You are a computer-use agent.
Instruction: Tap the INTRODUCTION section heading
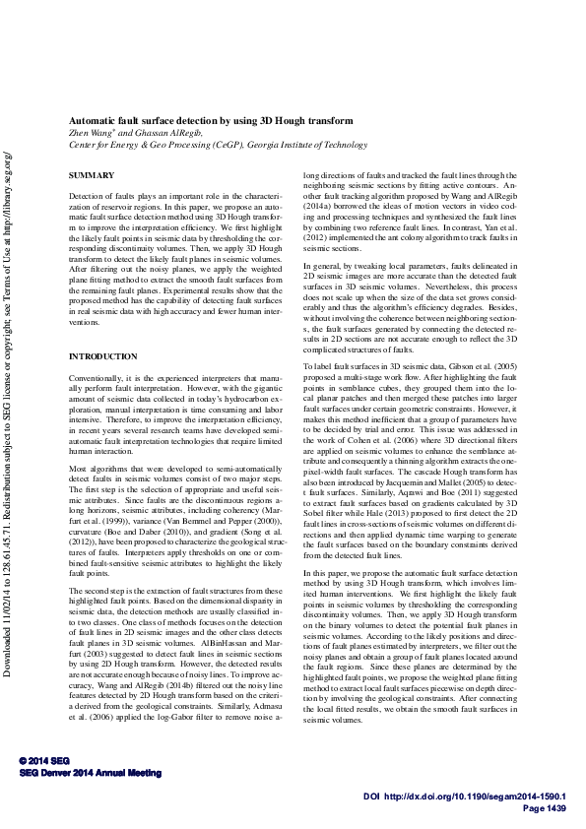102,355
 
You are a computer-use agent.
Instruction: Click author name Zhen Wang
90,132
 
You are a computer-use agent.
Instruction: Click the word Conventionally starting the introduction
97,378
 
